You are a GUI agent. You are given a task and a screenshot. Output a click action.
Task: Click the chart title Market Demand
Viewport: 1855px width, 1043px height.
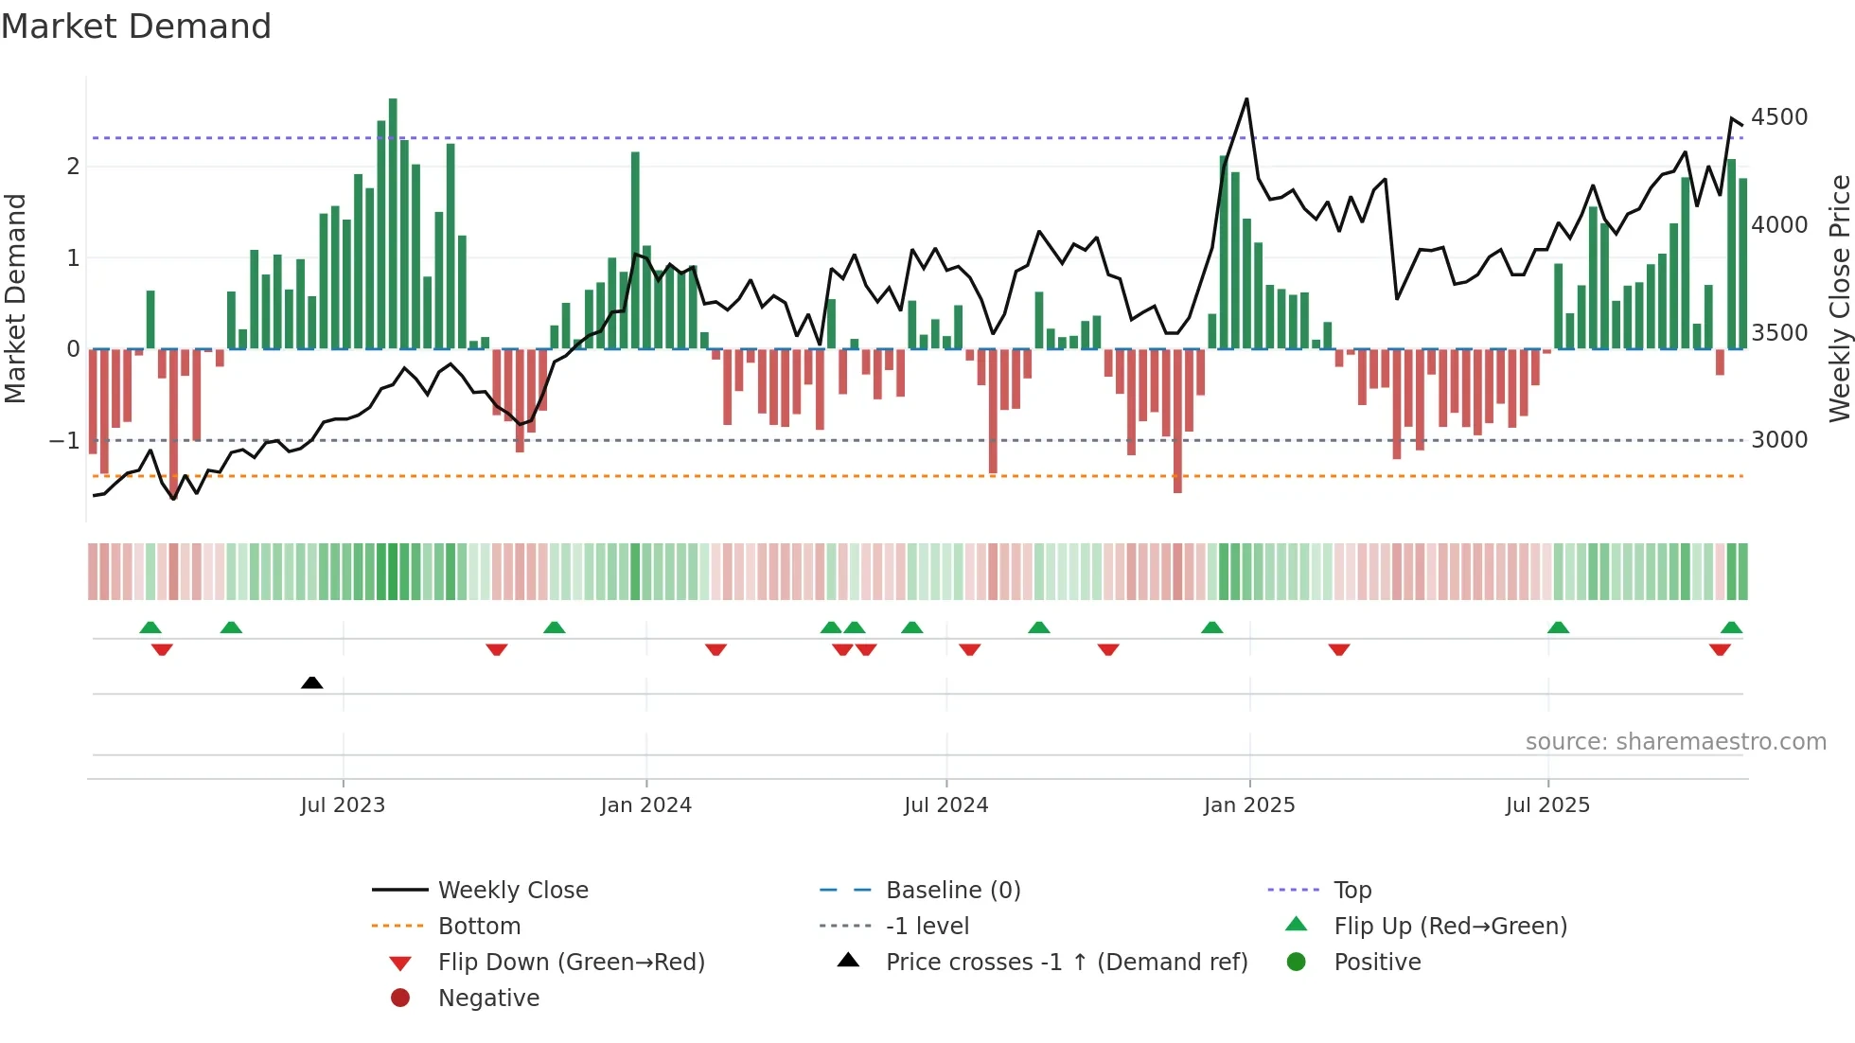pyautogui.click(x=136, y=27)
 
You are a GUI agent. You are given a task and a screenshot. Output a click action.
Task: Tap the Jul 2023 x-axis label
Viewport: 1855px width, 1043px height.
pyautogui.click(x=343, y=805)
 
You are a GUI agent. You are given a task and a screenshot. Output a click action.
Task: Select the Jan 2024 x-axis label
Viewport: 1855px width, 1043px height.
pyautogui.click(x=645, y=805)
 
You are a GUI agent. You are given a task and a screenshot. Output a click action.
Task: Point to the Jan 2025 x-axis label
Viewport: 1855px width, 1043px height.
pyautogui.click(x=1248, y=805)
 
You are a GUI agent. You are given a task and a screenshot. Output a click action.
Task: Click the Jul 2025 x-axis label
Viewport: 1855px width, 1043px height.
pyautogui.click(x=1547, y=805)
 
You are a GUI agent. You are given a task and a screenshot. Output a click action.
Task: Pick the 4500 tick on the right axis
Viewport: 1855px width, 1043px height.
pyautogui.click(x=1778, y=117)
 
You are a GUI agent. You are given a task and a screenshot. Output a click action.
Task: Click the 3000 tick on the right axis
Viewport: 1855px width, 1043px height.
pyautogui.click(x=1778, y=440)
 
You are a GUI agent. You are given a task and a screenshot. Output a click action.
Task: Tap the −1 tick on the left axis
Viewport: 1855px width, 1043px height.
pyautogui.click(x=64, y=441)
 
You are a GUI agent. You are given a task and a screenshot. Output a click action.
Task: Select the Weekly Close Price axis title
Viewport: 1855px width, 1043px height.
pyautogui.click(x=1839, y=298)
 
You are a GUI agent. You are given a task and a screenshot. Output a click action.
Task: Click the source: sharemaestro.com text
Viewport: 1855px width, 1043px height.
pyautogui.click(x=1675, y=742)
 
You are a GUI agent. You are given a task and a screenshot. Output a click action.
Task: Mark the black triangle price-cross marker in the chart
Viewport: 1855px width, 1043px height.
pyautogui.click(x=311, y=682)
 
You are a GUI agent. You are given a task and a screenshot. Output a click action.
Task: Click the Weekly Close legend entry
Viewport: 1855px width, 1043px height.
pyautogui.click(x=512, y=891)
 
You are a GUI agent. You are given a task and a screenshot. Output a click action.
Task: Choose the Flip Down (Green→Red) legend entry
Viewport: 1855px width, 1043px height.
pyautogui.click(x=571, y=963)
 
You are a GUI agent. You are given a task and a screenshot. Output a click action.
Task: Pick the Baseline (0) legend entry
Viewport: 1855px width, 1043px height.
pyautogui.click(x=952, y=891)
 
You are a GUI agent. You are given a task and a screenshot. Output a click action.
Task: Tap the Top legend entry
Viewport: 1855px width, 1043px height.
pyautogui.click(x=1351, y=891)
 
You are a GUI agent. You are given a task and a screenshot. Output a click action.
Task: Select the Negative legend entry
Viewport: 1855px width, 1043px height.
pyautogui.click(x=488, y=999)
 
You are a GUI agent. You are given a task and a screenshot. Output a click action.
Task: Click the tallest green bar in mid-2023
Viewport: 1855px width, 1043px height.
pyautogui.click(x=393, y=222)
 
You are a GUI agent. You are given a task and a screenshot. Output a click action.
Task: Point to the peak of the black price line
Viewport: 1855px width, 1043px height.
pyautogui.click(x=1246, y=99)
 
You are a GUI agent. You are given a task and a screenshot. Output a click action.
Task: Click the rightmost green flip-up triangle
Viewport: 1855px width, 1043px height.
pyautogui.click(x=1731, y=628)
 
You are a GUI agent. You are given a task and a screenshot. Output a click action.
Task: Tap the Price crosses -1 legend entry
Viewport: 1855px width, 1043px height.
pyautogui.click(x=1066, y=963)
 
